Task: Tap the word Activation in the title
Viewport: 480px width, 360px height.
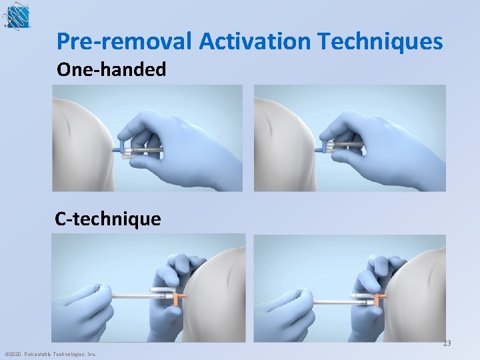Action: coord(254,42)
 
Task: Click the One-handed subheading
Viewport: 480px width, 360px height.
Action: coord(111,69)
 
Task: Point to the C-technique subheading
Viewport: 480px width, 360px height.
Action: coord(108,219)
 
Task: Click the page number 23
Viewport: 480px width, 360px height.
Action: coord(447,344)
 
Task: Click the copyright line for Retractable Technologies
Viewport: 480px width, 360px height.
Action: coord(50,354)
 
